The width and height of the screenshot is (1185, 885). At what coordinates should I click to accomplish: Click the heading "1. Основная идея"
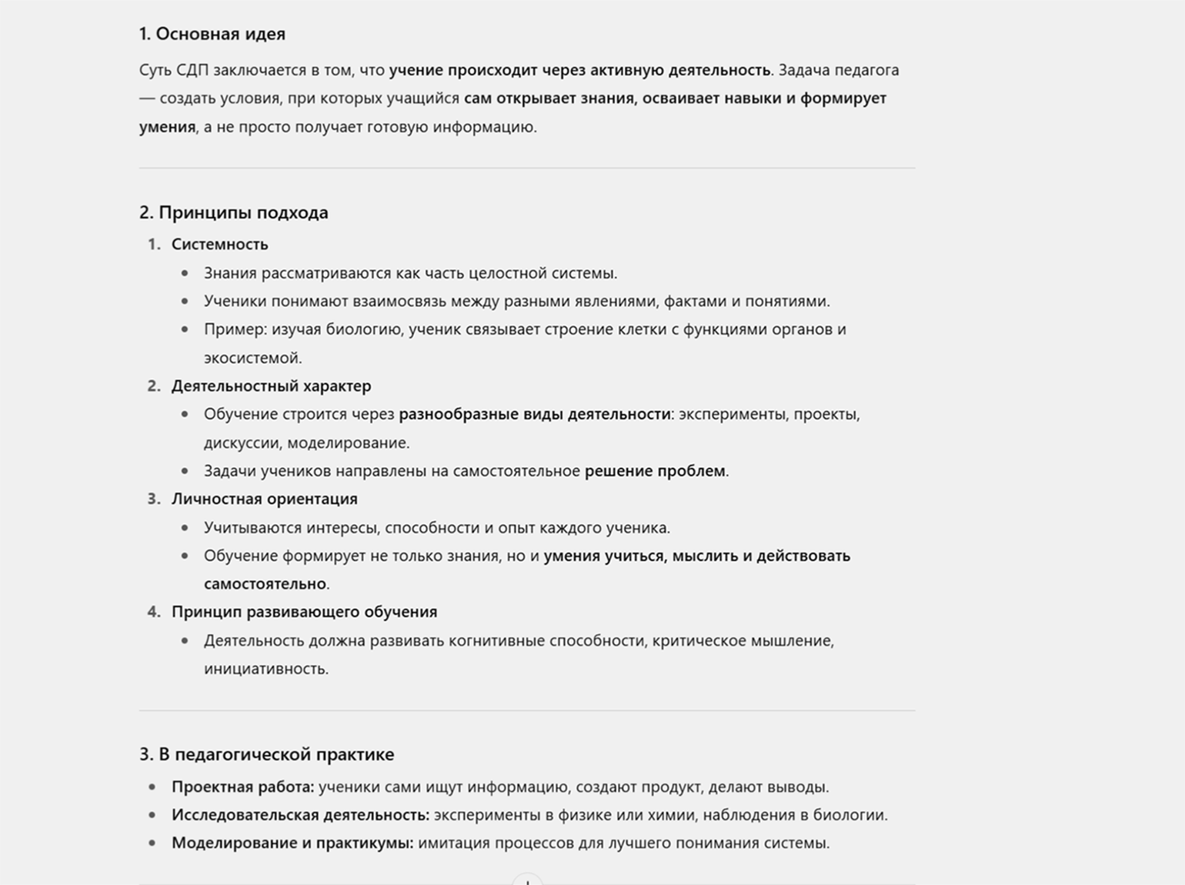(212, 34)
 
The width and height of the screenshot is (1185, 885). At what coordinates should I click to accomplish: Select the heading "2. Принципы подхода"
(234, 212)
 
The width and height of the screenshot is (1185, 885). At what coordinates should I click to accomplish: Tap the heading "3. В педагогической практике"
(266, 754)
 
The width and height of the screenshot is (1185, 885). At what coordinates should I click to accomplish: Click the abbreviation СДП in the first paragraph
(192, 70)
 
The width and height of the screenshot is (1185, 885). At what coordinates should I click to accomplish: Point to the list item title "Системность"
(219, 245)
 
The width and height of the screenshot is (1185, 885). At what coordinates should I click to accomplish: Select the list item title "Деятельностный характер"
(271, 386)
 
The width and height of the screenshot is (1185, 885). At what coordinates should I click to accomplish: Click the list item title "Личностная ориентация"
(264, 499)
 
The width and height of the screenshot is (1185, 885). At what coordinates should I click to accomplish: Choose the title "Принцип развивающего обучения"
(304, 612)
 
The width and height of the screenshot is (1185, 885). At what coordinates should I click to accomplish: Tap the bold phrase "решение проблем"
(655, 471)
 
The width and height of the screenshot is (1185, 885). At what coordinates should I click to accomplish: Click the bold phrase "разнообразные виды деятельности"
(534, 414)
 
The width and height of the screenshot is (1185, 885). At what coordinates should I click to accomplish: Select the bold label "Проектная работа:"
(242, 786)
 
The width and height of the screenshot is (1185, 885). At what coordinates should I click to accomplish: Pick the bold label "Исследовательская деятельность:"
(300, 815)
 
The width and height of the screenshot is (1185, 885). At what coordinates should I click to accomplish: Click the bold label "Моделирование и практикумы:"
(292, 843)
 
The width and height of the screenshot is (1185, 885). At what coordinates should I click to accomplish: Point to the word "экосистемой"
(252, 358)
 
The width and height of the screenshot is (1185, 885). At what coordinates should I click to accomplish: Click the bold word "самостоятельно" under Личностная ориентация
(265, 584)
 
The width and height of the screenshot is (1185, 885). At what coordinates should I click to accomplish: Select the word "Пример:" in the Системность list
(235, 329)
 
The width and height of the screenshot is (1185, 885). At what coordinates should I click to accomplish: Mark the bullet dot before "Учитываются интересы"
(185, 528)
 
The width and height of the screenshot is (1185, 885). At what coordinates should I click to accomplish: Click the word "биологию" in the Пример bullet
(363, 329)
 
